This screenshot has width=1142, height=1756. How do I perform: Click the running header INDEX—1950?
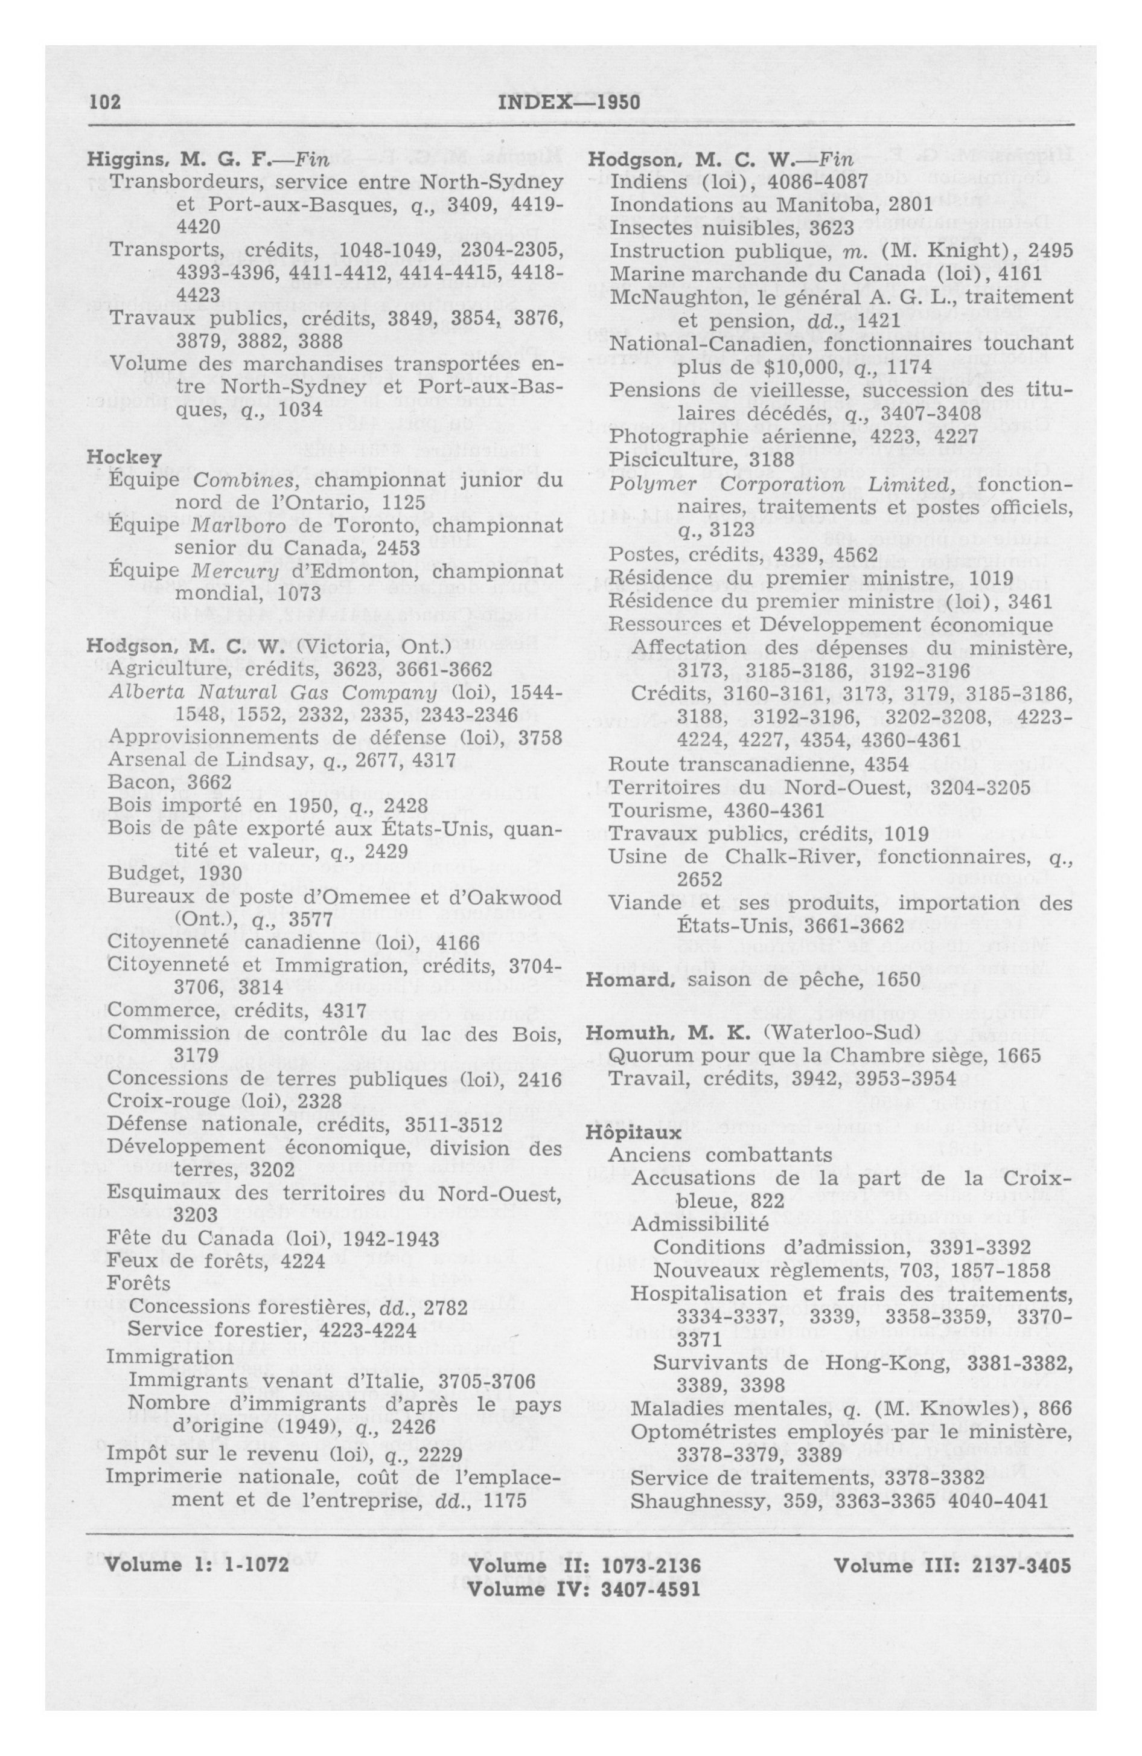570,102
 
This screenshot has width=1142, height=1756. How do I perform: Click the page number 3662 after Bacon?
209,782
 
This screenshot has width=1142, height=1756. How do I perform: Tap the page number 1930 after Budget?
220,874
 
